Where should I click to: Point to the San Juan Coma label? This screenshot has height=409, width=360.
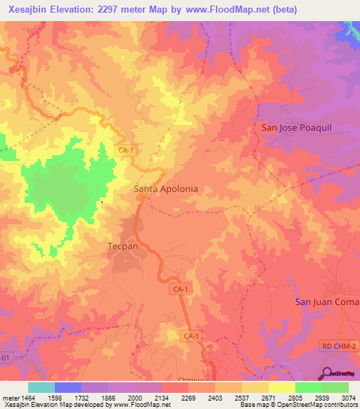pyautogui.click(x=326, y=301)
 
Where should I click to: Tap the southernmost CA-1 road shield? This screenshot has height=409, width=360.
pyautogui.click(x=190, y=337)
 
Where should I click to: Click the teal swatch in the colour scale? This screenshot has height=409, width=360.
pyautogui.click(x=41, y=387)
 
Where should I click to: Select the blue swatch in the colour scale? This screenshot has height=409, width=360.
pyautogui.click(x=67, y=387)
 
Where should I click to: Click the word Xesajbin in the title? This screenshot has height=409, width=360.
pyautogui.click(x=27, y=10)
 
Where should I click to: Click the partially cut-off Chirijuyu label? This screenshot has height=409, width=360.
pyautogui.click(x=210, y=379)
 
